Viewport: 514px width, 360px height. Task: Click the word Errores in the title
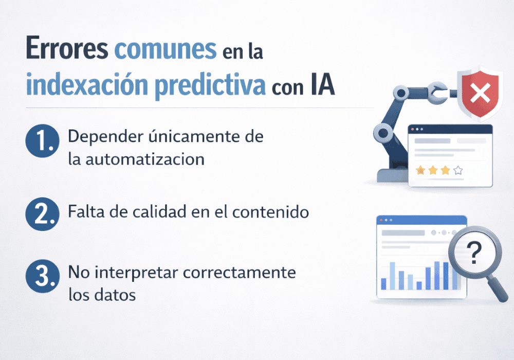click(x=66, y=51)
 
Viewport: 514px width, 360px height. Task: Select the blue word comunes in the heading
click(x=165, y=51)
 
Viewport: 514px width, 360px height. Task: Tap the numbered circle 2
click(x=40, y=213)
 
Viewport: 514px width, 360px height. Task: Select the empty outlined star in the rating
click(x=458, y=170)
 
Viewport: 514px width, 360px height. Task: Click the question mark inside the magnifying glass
click(x=475, y=253)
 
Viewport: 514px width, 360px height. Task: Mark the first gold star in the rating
click(x=420, y=170)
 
